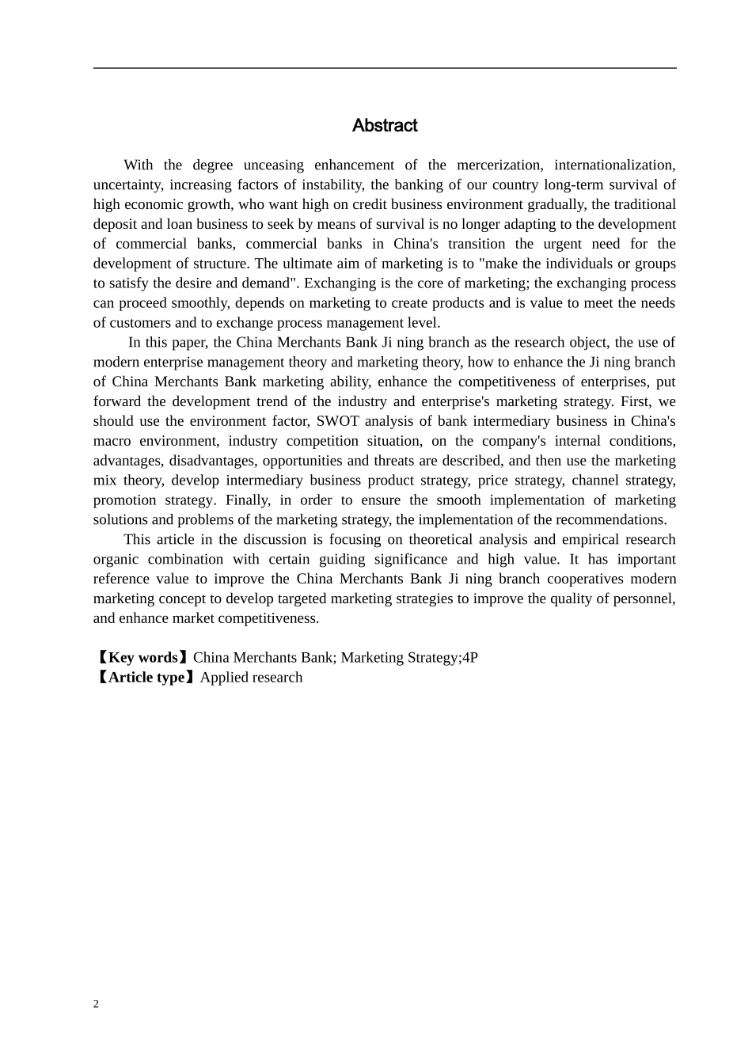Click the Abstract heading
(385, 126)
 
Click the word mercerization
(499, 165)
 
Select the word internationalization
(614, 165)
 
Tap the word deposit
(116, 224)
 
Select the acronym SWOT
(337, 421)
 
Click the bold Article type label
(146, 678)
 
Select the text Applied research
(251, 678)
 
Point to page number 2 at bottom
(97, 1005)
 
